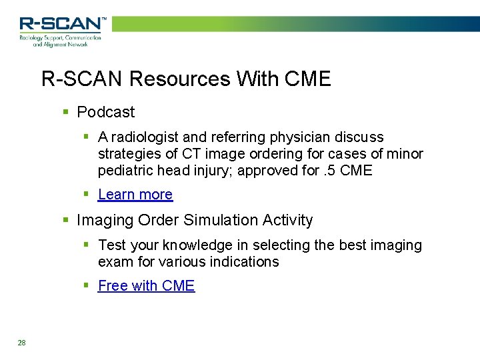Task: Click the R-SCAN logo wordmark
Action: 61,24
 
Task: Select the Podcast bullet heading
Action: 105,112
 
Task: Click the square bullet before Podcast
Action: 65,112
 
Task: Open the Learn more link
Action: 135,195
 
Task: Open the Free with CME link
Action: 146,286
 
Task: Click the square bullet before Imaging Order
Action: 65,220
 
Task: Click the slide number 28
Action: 22,343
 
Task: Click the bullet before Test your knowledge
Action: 87,245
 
